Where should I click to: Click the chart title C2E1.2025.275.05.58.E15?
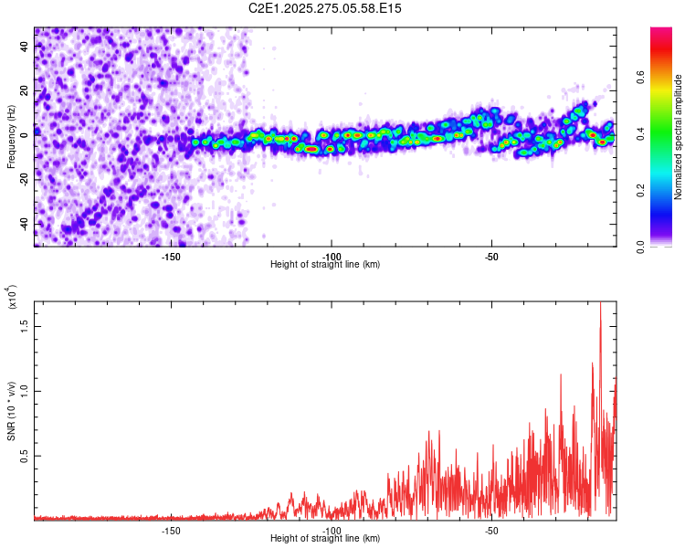point(325,8)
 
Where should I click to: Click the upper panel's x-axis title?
point(325,265)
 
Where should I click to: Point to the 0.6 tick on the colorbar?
point(664,79)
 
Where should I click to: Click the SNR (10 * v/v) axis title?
point(11,406)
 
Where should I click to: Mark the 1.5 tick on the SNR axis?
point(25,325)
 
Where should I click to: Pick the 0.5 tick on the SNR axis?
point(25,456)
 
